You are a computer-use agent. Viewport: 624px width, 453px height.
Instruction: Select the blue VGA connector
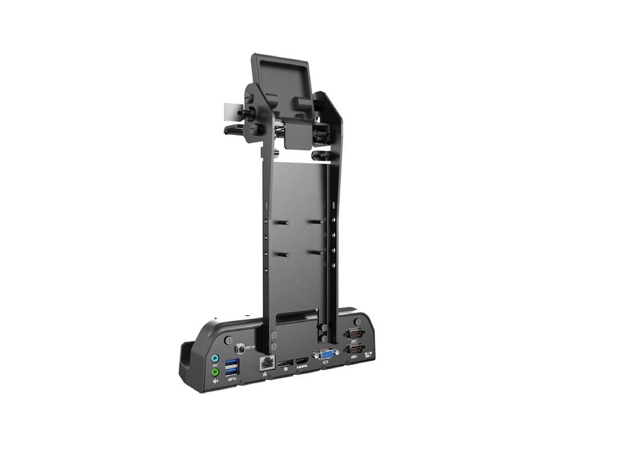[x=327, y=355]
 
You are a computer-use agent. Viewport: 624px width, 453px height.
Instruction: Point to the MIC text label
[x=214, y=365]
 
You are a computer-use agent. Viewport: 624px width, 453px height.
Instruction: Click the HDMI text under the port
[x=303, y=367]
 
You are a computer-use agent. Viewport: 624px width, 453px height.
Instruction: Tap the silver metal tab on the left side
[x=230, y=111]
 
